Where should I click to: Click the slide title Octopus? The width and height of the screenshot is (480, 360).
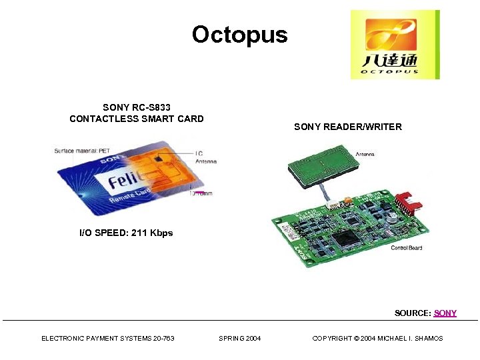239,35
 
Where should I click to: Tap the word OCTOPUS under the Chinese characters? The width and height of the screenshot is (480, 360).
391,71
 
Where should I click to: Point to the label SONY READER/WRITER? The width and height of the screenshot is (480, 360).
347,127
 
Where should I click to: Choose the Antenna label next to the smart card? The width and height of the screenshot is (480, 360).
205,161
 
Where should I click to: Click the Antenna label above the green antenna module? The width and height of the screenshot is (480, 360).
365,155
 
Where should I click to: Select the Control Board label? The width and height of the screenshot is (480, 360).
406,248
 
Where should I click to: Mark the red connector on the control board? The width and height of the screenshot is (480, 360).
403,203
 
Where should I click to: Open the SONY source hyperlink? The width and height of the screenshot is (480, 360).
445,313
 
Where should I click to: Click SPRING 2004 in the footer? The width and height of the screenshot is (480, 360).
240,339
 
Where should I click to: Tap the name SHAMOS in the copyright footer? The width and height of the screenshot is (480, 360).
427,339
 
